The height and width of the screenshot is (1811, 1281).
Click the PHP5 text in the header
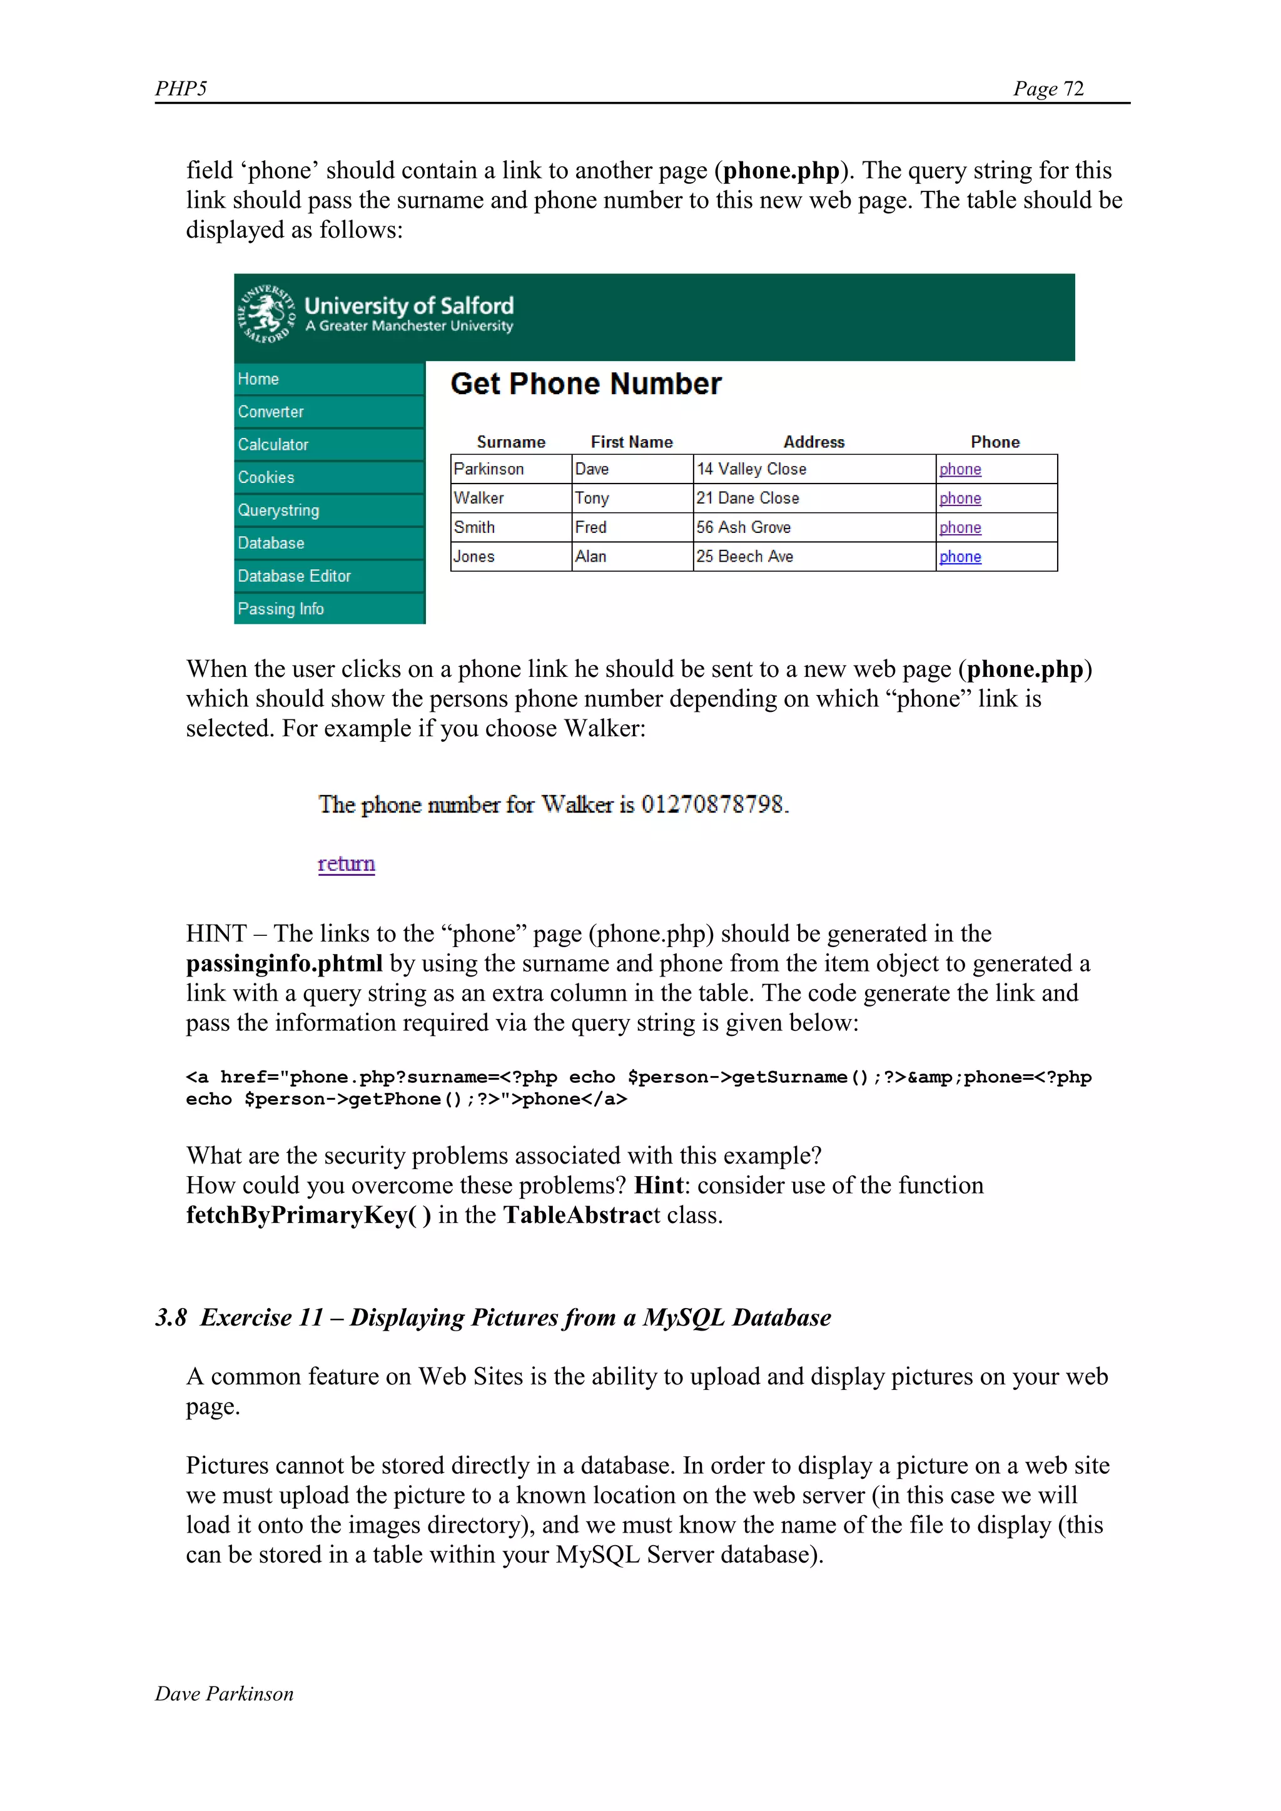181,88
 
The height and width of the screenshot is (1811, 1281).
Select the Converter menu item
271,412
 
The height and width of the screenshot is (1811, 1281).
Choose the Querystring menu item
278,510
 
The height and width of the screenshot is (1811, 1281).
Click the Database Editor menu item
294,576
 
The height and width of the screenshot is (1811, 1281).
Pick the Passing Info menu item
281,609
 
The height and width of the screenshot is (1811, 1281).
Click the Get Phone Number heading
585,384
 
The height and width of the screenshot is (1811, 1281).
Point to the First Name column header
631,442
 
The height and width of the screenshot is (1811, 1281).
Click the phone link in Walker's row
960,499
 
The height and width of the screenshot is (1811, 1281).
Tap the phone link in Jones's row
960,557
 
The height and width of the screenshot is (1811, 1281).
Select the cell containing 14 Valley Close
751,469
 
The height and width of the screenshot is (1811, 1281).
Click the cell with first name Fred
591,528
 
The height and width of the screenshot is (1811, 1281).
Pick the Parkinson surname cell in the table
489,469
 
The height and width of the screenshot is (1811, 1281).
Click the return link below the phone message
347,864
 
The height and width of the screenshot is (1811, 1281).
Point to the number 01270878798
712,804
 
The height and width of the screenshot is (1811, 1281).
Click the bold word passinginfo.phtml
284,963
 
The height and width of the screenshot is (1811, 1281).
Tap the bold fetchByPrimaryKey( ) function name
308,1215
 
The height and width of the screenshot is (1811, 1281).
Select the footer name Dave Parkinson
224,1693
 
